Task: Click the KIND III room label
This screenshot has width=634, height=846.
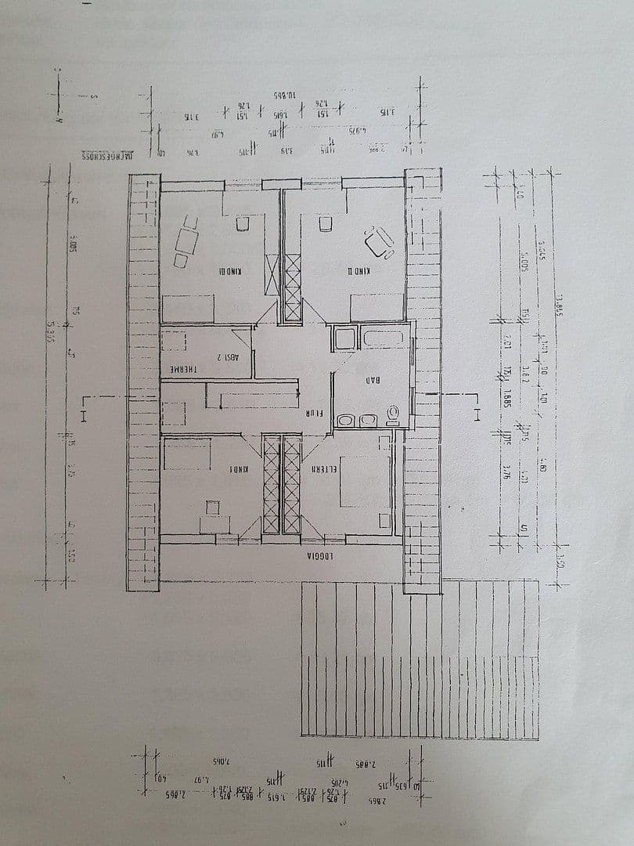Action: (230, 272)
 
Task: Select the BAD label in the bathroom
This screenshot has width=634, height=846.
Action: (373, 381)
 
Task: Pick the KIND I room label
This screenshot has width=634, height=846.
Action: (239, 469)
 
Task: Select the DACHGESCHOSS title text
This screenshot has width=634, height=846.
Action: (109, 155)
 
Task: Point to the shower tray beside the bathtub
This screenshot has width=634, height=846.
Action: (344, 339)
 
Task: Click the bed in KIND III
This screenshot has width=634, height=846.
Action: (188, 307)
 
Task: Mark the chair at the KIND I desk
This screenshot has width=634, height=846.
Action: (212, 508)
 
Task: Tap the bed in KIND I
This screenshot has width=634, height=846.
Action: (186, 454)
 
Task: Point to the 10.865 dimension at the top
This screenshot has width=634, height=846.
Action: (283, 93)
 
